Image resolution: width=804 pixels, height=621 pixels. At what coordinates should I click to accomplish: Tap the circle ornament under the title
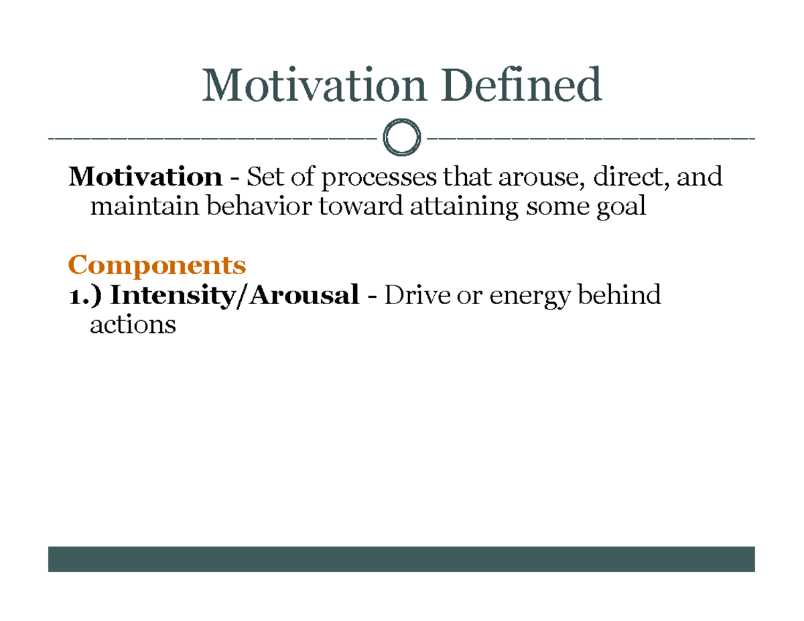click(401, 139)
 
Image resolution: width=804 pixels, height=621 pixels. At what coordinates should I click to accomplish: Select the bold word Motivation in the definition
click(145, 178)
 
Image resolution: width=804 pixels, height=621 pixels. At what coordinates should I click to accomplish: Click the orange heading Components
click(157, 266)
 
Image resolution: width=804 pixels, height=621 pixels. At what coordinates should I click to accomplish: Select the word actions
click(133, 326)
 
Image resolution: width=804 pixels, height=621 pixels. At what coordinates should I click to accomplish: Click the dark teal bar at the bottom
click(401, 559)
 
